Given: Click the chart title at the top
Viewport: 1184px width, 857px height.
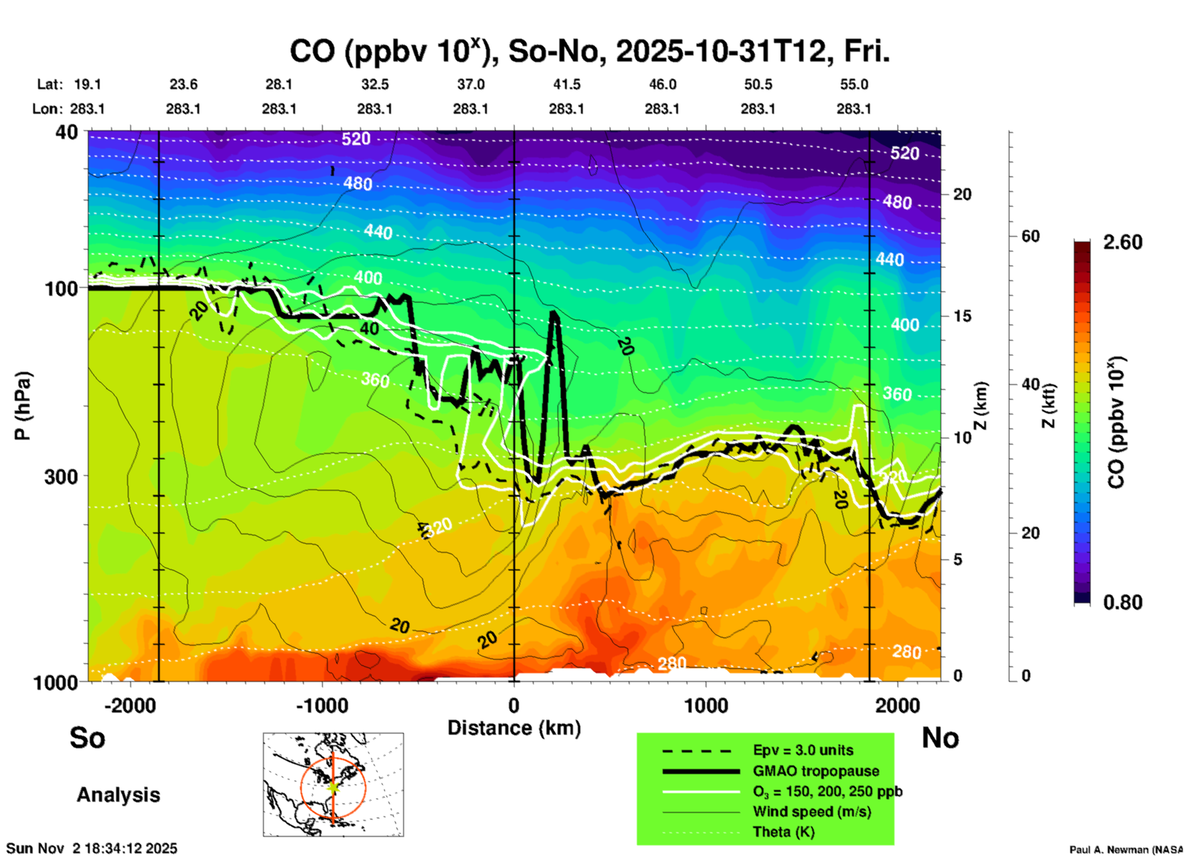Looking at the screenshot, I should coord(589,52).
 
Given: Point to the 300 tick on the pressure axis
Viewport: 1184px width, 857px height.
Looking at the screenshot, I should coord(61,476).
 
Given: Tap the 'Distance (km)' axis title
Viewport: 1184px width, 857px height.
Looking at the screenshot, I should coord(514,728).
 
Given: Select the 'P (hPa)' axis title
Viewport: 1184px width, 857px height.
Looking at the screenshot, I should coord(22,406).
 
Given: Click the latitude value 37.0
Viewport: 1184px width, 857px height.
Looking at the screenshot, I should coord(470,84).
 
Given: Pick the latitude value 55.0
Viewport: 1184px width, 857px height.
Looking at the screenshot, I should coord(854,84).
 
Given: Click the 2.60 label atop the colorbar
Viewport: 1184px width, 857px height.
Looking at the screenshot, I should coord(1123,242).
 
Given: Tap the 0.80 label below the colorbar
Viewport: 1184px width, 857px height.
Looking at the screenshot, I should coord(1123,602).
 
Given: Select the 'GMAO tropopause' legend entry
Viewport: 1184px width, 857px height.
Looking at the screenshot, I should coord(816,771).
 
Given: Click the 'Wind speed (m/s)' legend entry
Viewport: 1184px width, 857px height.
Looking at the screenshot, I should coord(811,812).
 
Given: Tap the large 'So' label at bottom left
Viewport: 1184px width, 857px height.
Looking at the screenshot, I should coord(87,738).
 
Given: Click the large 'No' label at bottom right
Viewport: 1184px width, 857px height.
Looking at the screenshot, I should coord(940,738).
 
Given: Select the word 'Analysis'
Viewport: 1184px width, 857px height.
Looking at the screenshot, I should coord(118,795).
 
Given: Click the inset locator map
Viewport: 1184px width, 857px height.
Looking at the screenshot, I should coord(333,784).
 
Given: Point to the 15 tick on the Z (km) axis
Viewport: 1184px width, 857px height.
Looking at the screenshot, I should coord(962,316).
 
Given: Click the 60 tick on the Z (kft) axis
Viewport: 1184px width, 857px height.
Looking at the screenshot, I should coord(1030,236).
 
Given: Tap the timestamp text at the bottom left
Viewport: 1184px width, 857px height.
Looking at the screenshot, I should coord(92,848).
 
